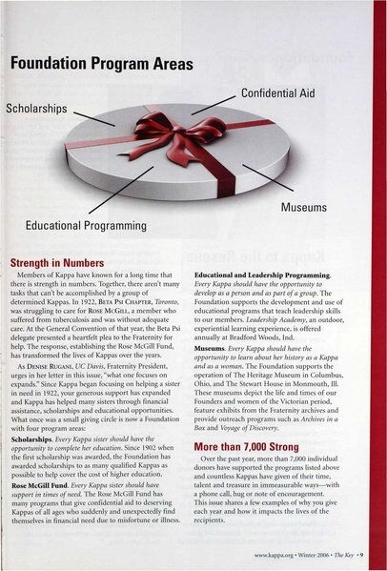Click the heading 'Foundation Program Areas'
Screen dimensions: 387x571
tap(107, 64)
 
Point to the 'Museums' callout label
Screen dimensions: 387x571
tap(305, 206)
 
